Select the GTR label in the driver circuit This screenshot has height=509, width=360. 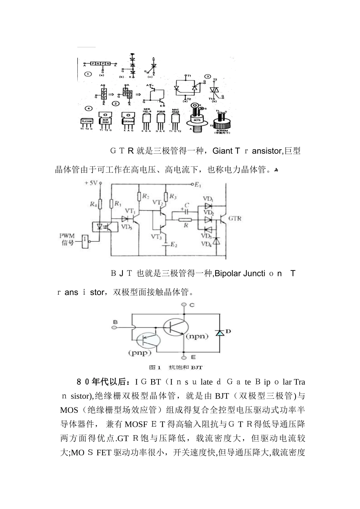tap(234, 219)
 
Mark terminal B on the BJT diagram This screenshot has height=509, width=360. tap(115, 322)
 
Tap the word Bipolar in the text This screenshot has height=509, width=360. tap(228, 273)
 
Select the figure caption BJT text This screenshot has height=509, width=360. tap(197, 367)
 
